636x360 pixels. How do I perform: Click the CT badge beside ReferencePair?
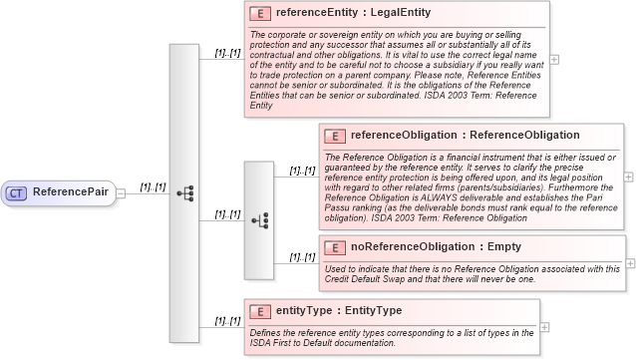(17, 191)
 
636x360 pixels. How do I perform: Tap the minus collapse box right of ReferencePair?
(120, 192)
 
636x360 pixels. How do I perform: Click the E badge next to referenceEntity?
(260, 14)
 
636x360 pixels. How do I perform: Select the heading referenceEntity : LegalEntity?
(353, 14)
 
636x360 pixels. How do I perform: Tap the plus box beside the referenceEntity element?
(554, 60)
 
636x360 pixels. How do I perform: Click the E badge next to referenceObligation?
(335, 136)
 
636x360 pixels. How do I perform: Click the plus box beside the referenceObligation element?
(629, 177)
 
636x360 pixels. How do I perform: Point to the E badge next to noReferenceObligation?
(335, 247)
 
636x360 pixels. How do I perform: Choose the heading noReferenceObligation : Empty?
(436, 247)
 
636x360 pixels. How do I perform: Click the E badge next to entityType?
(260, 311)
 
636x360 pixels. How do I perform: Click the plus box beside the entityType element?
(544, 325)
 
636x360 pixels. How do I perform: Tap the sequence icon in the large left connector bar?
(184, 192)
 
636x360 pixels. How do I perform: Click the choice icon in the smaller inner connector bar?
(259, 219)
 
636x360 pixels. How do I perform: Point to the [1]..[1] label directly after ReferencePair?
(153, 186)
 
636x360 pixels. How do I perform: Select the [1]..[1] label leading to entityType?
(227, 320)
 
